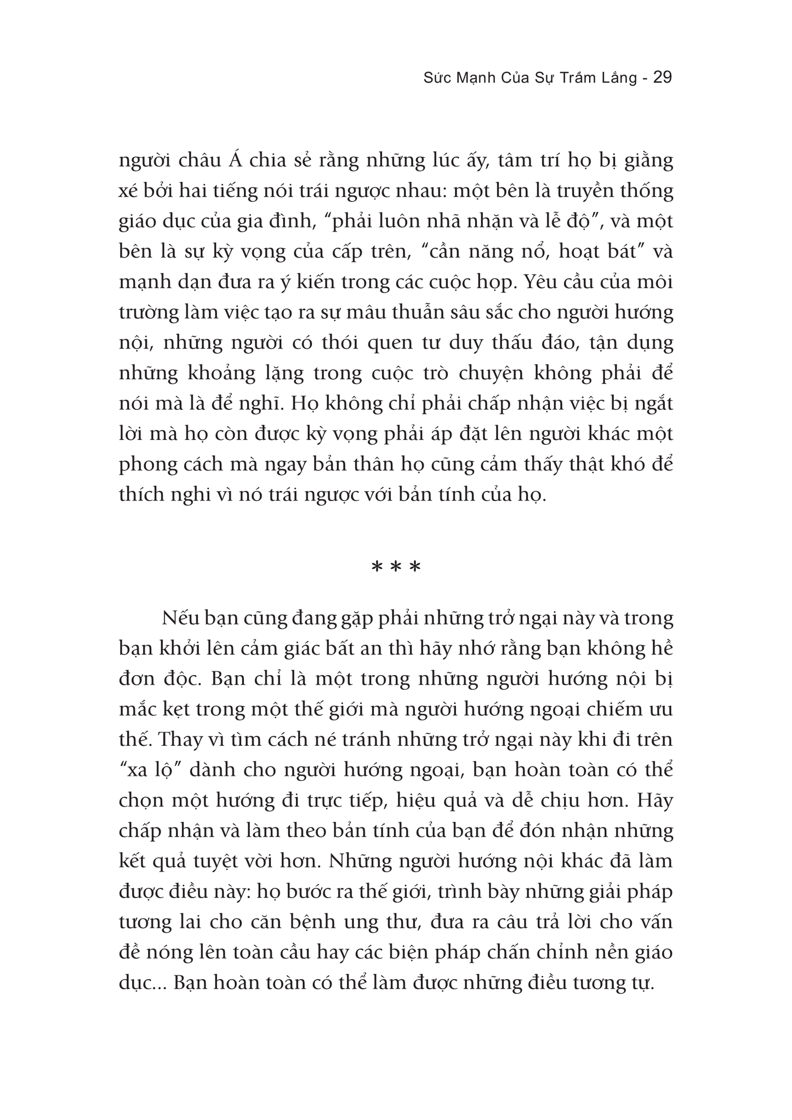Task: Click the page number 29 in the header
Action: point(663,77)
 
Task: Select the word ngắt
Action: point(652,404)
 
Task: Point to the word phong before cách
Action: point(147,465)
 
